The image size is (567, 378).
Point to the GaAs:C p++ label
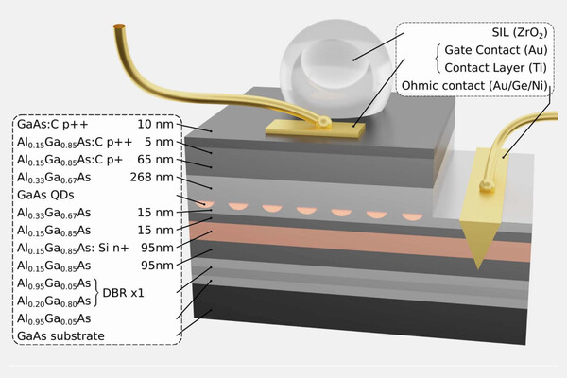click(x=52, y=124)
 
